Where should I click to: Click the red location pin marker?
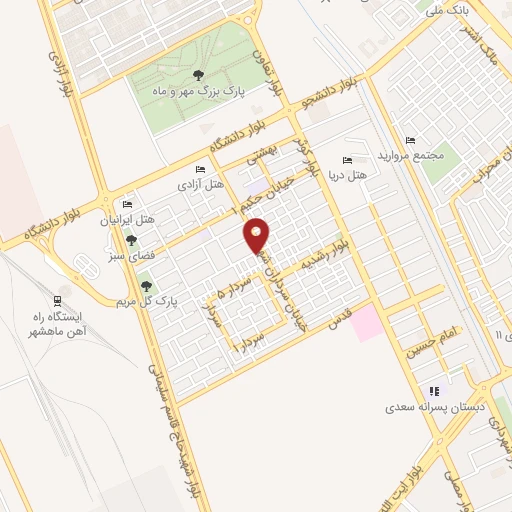pos(257,236)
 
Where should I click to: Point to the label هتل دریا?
pos(348,174)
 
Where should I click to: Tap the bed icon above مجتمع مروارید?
pos(409,140)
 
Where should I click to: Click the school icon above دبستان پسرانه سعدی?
pos(433,391)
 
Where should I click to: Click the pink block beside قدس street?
pos(365,323)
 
